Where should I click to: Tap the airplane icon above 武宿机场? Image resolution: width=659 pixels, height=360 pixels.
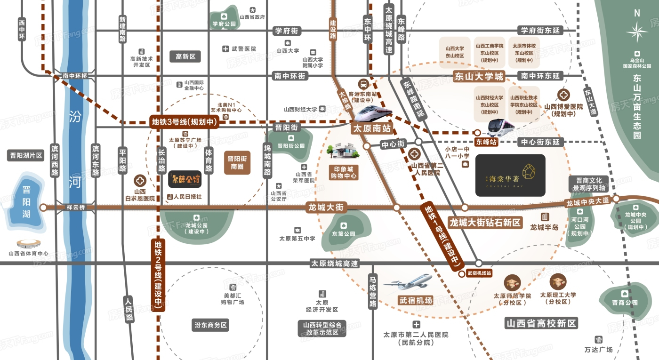point(408,281)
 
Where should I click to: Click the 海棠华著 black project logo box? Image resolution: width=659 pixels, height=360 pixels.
point(510,176)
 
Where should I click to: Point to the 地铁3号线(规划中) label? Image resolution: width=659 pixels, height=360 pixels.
point(184,121)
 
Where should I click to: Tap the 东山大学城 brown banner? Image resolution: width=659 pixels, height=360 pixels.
point(478,76)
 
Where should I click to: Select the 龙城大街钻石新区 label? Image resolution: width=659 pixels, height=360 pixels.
point(485,223)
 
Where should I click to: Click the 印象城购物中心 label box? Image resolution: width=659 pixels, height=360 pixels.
point(343,172)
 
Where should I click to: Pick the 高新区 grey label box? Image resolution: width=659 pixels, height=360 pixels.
point(185,56)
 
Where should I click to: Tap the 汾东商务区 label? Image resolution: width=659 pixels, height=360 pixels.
point(211,325)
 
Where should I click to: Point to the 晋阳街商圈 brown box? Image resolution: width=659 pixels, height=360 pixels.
point(237,163)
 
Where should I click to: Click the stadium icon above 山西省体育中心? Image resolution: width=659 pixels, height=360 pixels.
point(29,243)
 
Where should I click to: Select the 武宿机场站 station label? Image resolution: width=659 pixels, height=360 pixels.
point(479,273)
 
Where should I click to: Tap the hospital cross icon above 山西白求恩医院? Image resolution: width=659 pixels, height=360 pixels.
point(140,180)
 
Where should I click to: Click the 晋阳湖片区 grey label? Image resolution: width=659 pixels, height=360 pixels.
point(26,156)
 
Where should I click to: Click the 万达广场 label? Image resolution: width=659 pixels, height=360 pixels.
point(598,350)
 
